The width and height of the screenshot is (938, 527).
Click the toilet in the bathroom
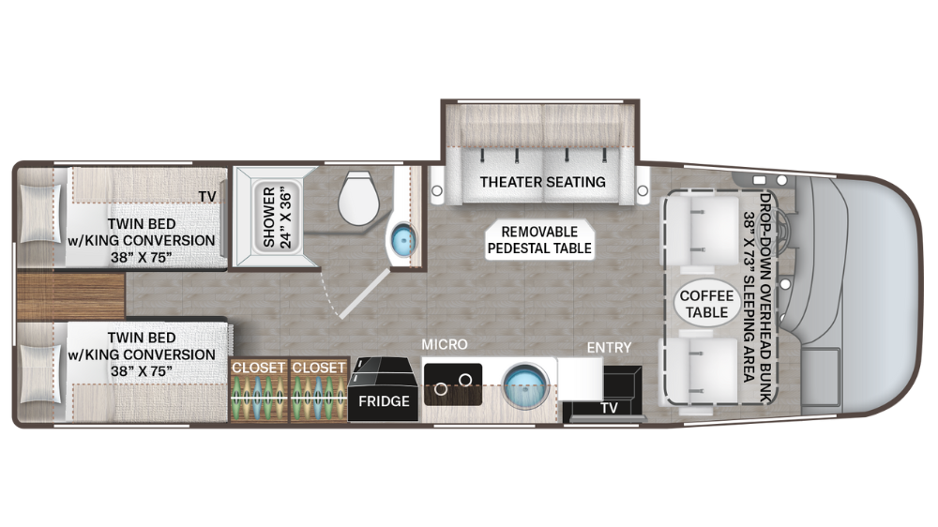358,199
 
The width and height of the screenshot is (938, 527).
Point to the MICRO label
445,346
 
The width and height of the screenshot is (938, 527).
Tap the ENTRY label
609,348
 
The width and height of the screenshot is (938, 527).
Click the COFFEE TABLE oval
707,304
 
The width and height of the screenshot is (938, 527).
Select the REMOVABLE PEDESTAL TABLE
539,240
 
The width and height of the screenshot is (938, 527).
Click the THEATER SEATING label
542,182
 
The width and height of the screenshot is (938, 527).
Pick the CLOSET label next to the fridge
319,368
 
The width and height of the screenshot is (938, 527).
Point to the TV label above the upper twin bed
206,196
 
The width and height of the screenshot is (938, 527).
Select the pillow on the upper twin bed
39,216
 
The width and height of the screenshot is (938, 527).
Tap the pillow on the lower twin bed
39,373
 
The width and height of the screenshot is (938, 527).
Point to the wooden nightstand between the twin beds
70,296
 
